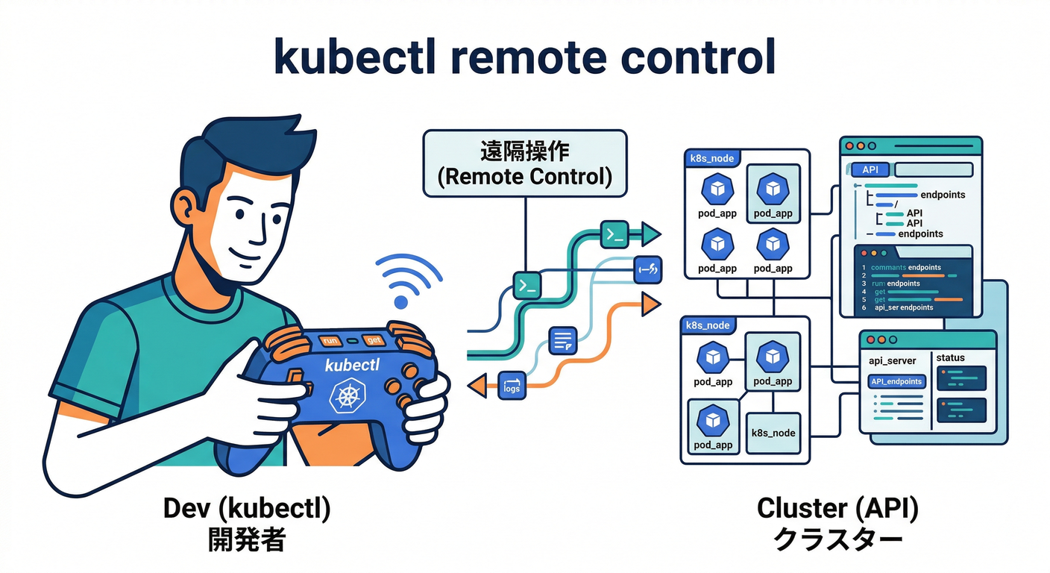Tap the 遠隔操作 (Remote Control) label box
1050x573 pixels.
[524, 164]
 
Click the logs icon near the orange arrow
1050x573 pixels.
[512, 384]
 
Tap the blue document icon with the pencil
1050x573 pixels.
[562, 340]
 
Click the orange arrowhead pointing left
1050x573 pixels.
[475, 385]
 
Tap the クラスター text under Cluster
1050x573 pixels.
[837, 539]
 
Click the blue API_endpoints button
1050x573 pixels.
[896, 381]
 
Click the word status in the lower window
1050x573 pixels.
[950, 358]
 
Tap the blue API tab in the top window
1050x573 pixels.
[870, 169]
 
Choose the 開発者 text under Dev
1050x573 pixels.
[247, 539]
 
